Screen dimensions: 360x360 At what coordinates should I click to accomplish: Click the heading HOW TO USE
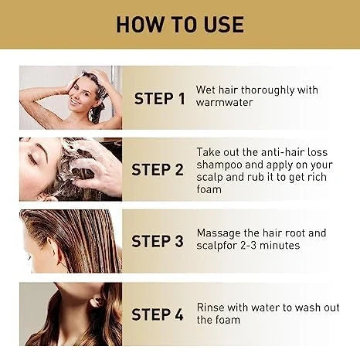coord(180,25)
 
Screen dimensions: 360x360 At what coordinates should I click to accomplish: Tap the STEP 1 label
coord(160,99)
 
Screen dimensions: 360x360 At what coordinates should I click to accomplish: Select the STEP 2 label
coord(158,170)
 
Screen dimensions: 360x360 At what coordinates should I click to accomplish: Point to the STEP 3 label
coord(158,241)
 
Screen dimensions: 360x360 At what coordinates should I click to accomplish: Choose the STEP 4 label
coord(158,314)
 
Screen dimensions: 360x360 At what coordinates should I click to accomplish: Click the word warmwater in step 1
coord(224,103)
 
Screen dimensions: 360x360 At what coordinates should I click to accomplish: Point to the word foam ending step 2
coord(209,189)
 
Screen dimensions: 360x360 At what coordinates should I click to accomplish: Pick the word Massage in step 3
coord(219,233)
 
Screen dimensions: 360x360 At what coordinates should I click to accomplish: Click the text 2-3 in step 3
coord(249,246)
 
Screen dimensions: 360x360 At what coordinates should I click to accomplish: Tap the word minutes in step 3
coord(280,246)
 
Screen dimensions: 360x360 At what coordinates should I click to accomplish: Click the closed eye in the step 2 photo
coord(32,158)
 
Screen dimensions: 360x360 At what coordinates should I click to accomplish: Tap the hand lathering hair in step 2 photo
coord(95,165)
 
